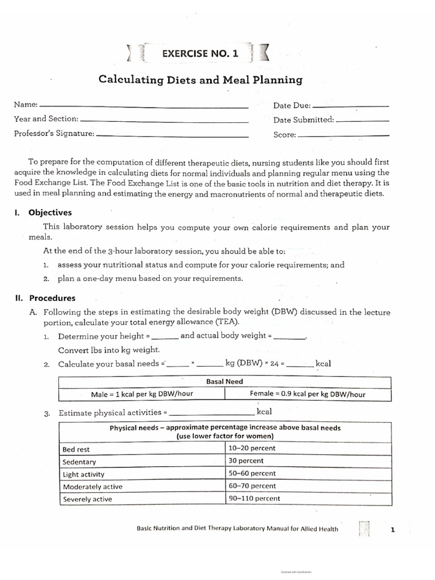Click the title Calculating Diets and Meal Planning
[201, 80]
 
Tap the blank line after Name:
[144, 107]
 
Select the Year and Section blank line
[164, 121]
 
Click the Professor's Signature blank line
[172, 136]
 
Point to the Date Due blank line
[351, 107]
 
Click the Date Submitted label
[304, 120]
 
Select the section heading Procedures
[52, 298]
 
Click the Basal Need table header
[224, 382]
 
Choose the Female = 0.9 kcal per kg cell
[308, 395]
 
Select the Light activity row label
[84, 475]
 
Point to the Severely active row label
[87, 500]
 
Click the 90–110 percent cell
[254, 499]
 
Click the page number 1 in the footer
[393, 530]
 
